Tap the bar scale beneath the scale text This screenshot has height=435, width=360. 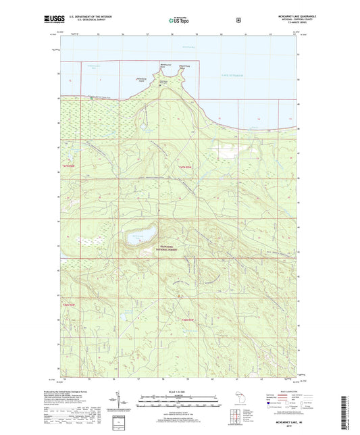coord(180,401)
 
